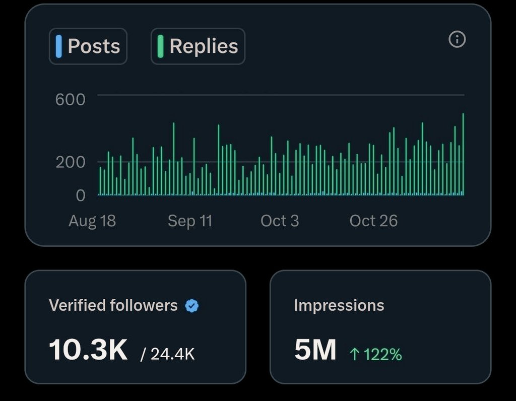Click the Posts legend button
click(x=88, y=46)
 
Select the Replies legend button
click(x=198, y=46)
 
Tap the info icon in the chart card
click(x=457, y=39)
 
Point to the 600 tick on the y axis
click(x=70, y=99)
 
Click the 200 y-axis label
click(x=70, y=162)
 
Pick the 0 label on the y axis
click(x=81, y=195)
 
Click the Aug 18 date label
click(x=92, y=221)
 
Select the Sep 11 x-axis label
click(x=190, y=221)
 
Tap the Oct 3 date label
click(x=280, y=221)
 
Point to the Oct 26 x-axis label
click(x=373, y=221)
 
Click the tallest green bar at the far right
click(x=463, y=151)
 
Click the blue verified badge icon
click(x=191, y=305)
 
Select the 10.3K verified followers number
click(x=88, y=350)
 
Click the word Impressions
click(x=339, y=305)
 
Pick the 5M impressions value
click(x=315, y=350)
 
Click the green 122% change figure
click(x=382, y=355)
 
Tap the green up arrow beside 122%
click(x=355, y=355)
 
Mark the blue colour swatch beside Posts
click(x=59, y=46)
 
